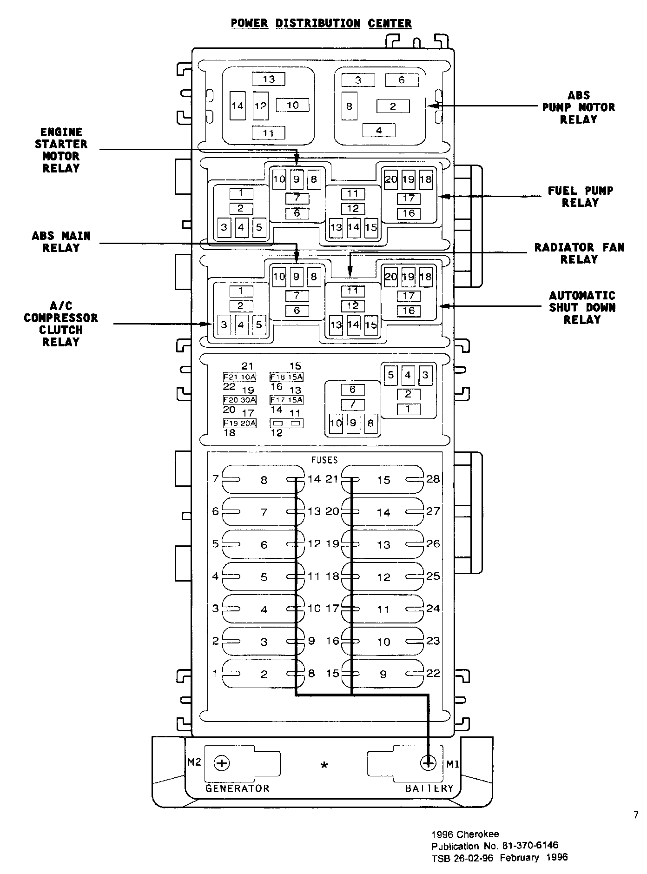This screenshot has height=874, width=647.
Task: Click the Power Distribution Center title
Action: (321, 23)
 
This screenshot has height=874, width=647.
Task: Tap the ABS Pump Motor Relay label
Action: (578, 107)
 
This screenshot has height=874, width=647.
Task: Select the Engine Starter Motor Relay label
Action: (61, 150)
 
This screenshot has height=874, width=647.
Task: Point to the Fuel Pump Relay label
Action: (580, 196)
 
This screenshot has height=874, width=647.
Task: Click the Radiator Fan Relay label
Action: (579, 253)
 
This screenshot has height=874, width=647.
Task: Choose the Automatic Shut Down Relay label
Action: (582, 307)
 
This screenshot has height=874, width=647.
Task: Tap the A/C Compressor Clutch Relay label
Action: (61, 324)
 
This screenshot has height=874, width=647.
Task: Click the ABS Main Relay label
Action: (61, 242)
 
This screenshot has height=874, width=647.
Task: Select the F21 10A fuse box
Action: (240, 377)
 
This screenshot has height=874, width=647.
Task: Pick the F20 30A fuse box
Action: (240, 400)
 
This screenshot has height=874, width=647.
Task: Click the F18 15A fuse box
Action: (287, 377)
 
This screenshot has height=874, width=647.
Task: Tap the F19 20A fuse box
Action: (240, 423)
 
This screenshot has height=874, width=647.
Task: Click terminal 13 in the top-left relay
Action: (269, 79)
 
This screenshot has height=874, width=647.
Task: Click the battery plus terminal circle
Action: (428, 763)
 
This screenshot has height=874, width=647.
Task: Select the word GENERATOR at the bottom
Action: (237, 788)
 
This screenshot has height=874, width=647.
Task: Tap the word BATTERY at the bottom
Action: (429, 788)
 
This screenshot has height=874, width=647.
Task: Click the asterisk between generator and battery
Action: (324, 765)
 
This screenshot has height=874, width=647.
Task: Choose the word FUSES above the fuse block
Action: (324, 460)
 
